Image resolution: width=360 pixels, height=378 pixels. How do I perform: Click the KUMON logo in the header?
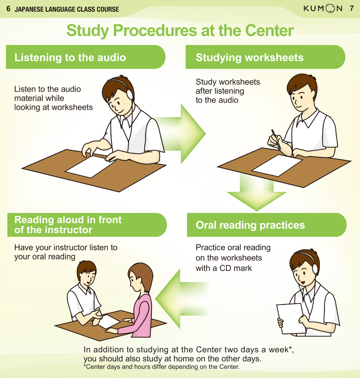coord(323,8)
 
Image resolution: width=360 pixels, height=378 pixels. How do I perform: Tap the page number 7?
coord(352,8)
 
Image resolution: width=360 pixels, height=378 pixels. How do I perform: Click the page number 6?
coord(8,9)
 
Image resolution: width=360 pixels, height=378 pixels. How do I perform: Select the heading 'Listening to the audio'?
coord(70,57)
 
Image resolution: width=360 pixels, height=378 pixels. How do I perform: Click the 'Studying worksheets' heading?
coord(250,57)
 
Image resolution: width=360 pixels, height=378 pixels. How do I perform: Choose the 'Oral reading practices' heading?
coord(250,225)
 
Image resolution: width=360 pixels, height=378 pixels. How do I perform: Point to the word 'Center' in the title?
coord(269,30)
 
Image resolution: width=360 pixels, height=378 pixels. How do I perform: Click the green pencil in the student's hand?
coord(276,140)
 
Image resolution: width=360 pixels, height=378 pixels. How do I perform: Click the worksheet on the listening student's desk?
coord(90,166)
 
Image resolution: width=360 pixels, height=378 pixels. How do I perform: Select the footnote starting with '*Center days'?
coord(162,367)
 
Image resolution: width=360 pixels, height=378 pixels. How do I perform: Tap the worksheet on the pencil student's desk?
coord(277,166)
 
